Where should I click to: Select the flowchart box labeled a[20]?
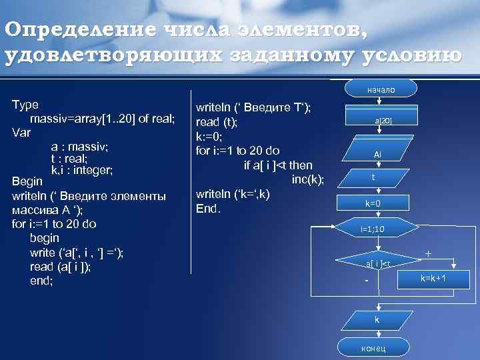tap(382, 121)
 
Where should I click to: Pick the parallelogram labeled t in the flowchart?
tap(374, 178)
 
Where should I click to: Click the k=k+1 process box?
tap(432, 277)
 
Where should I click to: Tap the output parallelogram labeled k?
tap(377, 321)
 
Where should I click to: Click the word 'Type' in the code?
tap(25, 105)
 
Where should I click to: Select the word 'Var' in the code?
tap(22, 132)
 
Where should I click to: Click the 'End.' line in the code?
tap(208, 208)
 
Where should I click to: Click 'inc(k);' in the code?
tap(307, 179)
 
